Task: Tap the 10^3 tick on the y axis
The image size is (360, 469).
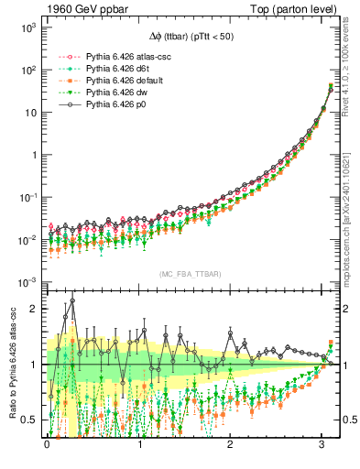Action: (x=27, y=27)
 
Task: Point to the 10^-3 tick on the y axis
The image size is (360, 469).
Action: (x=27, y=281)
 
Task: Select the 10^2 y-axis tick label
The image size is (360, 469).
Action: (x=27, y=70)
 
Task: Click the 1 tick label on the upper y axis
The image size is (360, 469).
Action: (x=32, y=154)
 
